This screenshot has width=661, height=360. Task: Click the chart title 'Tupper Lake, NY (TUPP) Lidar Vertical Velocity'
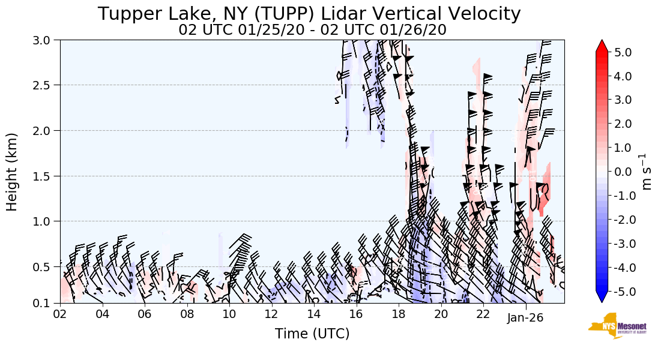pyautogui.click(x=309, y=14)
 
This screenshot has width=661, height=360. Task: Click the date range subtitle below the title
pyautogui.click(x=312, y=30)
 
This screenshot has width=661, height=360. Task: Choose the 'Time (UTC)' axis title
pyautogui.click(x=312, y=334)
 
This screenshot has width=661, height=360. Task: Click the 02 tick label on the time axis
pyautogui.click(x=60, y=314)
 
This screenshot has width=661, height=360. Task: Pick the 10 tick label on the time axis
pyautogui.click(x=229, y=314)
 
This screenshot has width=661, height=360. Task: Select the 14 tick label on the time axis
pyautogui.click(x=314, y=314)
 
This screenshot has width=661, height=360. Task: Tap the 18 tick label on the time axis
pyautogui.click(x=399, y=314)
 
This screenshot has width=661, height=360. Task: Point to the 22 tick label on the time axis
pyautogui.click(x=483, y=314)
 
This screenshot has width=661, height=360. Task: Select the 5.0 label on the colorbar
pyautogui.click(x=623, y=52)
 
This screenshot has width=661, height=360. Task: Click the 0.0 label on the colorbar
pyautogui.click(x=623, y=172)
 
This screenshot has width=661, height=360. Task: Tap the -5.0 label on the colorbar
pyautogui.click(x=621, y=292)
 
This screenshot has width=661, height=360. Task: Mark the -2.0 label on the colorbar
pyautogui.click(x=621, y=220)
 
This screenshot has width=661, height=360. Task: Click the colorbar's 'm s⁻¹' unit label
pyautogui.click(x=647, y=172)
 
